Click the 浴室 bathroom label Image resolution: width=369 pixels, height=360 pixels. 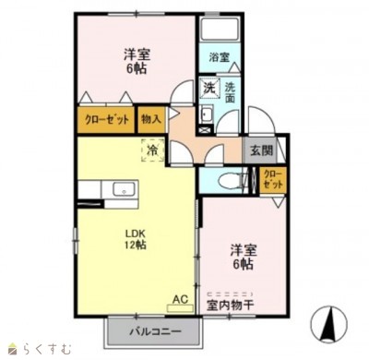tap(220, 57)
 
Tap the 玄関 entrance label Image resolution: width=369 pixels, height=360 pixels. tap(261, 150)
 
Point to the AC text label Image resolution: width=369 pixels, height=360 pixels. tap(180, 299)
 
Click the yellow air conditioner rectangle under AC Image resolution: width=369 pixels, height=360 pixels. tap(180, 308)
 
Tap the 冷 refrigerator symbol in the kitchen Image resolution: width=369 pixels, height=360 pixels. tap(152, 150)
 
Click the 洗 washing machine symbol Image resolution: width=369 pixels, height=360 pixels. tap(210, 88)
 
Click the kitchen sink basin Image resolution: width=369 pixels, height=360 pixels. tap(124, 189)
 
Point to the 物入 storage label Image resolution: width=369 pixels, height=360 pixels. tap(151, 119)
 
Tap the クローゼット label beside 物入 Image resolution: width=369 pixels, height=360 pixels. tap(107, 119)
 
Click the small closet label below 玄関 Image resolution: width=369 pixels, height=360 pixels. tap(273, 179)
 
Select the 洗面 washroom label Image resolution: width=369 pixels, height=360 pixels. tap(230, 92)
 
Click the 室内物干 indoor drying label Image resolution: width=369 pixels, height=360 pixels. tap(231, 305)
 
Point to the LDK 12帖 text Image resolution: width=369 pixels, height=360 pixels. tap(135, 239)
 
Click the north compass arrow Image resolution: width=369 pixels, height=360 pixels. tap(329, 324)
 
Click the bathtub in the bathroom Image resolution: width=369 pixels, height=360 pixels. tap(220, 30)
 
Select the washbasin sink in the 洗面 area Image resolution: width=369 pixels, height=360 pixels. tap(207, 114)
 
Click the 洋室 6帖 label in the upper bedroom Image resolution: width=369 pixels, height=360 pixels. tap(137, 62)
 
